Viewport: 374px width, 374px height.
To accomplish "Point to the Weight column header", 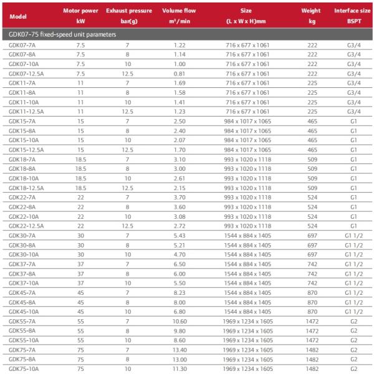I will [312, 11].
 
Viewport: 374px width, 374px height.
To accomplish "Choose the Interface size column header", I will [353, 11].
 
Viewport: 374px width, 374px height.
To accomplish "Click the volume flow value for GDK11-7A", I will [180, 82].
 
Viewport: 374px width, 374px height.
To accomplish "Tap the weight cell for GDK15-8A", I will [312, 131].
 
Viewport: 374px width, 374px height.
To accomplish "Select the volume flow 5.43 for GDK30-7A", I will [180, 235].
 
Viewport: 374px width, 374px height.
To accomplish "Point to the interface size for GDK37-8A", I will [353, 273].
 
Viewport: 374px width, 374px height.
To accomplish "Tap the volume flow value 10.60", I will [180, 321].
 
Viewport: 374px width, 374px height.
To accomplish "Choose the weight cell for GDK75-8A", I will [312, 359].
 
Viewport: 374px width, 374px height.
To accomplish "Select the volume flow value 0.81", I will [180, 73].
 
